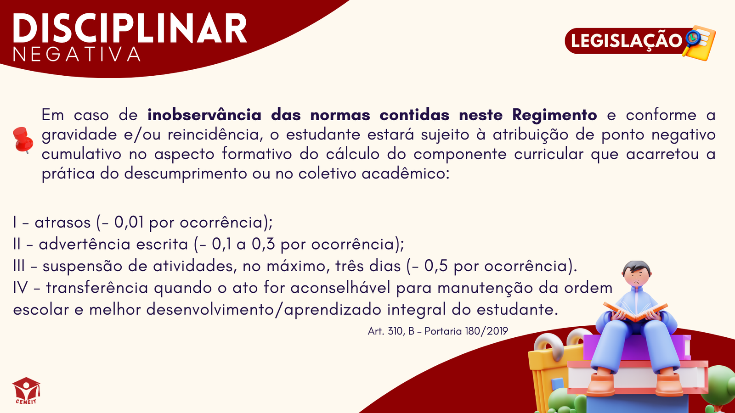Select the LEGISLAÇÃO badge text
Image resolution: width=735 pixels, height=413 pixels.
click(627, 41)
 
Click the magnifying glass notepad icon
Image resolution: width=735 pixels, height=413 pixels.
click(699, 43)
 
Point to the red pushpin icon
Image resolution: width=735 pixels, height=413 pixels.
click(23, 140)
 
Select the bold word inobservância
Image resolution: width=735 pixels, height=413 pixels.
click(204, 115)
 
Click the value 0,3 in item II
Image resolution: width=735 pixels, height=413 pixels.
click(263, 245)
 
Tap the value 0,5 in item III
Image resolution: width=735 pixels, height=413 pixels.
click(436, 266)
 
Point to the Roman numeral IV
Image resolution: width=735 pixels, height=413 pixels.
click(20, 288)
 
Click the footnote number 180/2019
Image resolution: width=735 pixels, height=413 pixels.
click(486, 331)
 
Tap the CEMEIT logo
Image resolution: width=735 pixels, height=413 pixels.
click(26, 391)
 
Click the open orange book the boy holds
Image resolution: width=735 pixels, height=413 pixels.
click(635, 312)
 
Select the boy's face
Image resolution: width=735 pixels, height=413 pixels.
click(637, 278)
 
